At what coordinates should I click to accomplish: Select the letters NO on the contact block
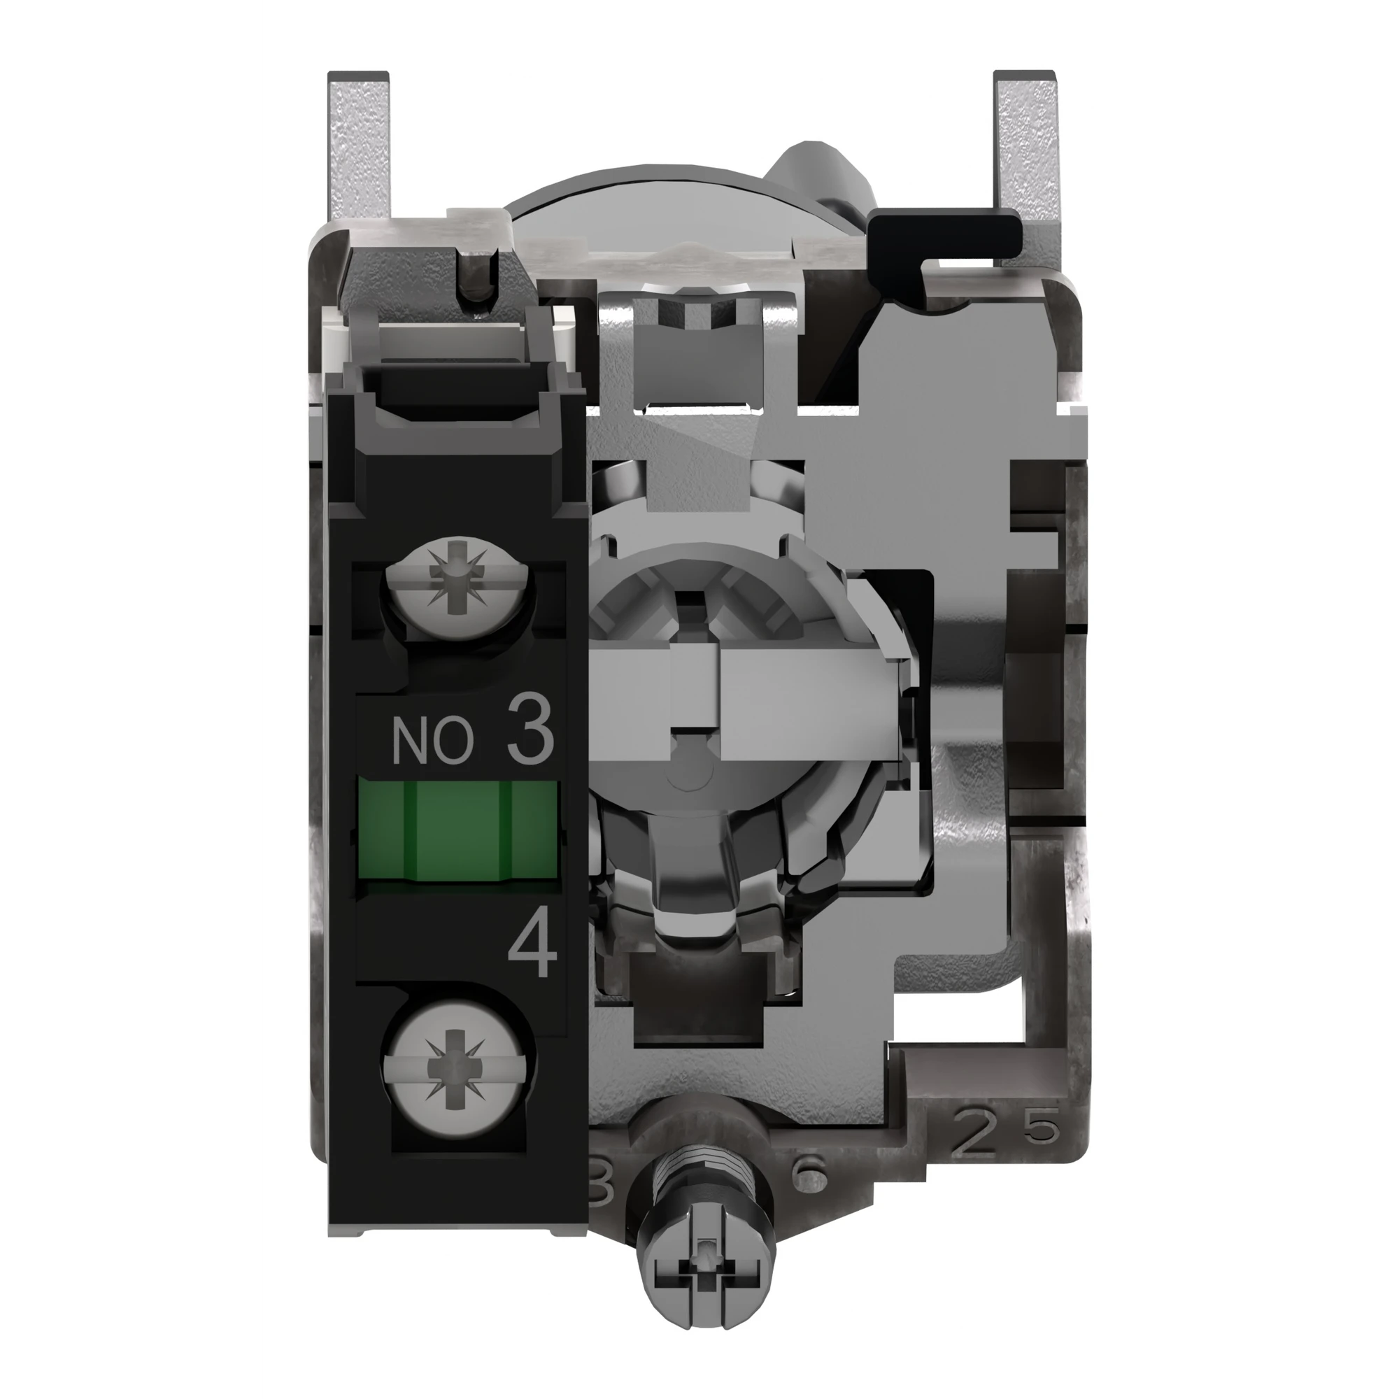[432, 741]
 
